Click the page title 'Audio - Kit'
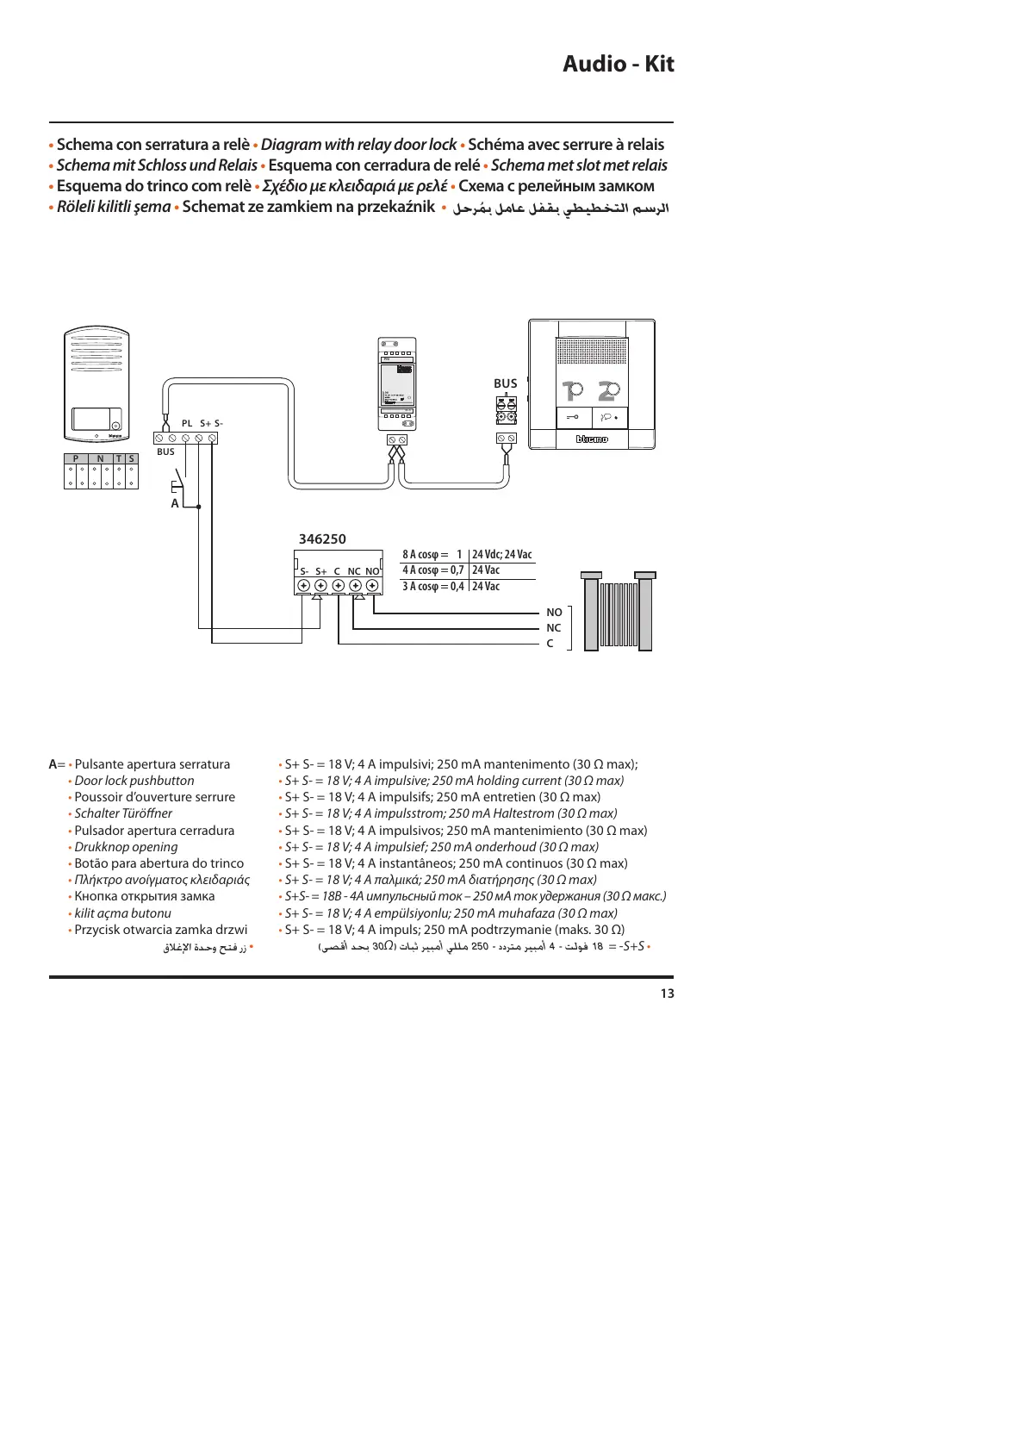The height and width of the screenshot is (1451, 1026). [x=618, y=64]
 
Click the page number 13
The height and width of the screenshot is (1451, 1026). [x=667, y=993]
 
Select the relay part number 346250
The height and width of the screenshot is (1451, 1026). [x=322, y=539]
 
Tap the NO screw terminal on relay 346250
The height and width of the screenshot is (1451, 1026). [x=372, y=586]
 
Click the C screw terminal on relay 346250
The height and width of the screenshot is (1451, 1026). [x=338, y=586]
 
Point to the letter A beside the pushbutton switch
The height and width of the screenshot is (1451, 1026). [x=175, y=503]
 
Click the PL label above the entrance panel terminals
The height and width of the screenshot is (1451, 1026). [x=187, y=423]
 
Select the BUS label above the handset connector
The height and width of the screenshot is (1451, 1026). [x=506, y=383]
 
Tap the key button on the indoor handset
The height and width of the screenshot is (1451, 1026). [x=573, y=418]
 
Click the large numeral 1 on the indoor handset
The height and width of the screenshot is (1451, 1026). [x=572, y=391]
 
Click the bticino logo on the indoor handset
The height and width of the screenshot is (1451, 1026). [x=592, y=439]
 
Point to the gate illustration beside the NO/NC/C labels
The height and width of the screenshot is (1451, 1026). [x=618, y=612]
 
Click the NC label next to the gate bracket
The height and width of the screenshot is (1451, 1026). [x=554, y=628]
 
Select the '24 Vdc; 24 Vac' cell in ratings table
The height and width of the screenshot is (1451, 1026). [x=501, y=554]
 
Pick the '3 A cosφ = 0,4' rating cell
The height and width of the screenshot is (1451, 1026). [x=433, y=587]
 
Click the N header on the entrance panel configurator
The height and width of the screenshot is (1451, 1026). [x=100, y=459]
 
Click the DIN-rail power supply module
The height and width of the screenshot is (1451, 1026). [x=397, y=383]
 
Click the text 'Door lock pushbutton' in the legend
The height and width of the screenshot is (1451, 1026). [x=134, y=781]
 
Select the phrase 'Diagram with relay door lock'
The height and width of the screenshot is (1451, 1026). [x=358, y=145]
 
